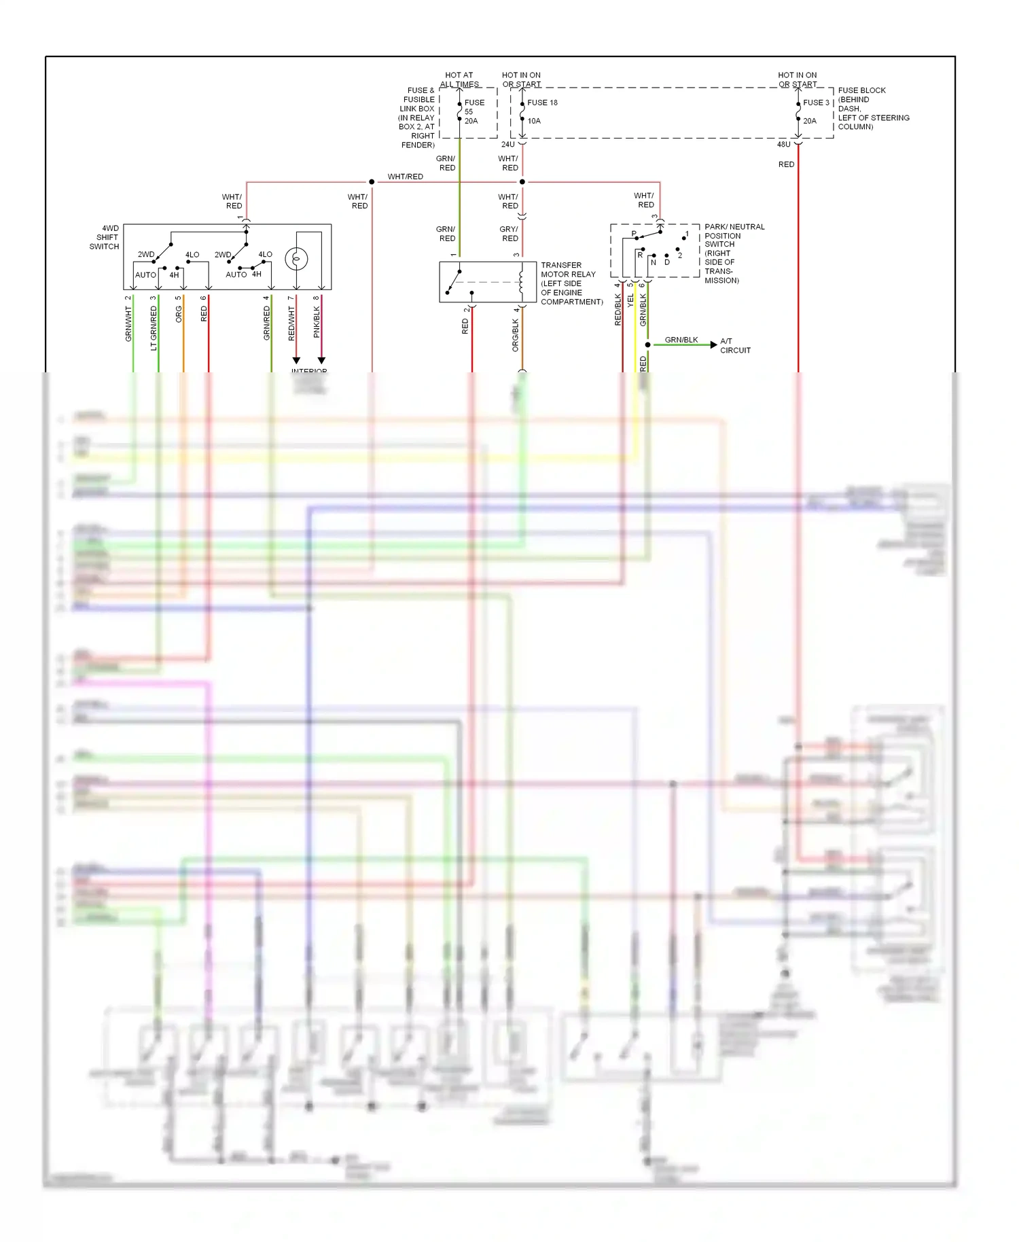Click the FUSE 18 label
click(542, 103)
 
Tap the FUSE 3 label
click(816, 103)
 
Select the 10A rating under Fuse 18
click(534, 121)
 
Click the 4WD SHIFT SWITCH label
click(105, 238)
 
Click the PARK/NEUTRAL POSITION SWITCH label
click(734, 253)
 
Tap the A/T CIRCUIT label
click(735, 346)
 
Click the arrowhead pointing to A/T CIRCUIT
click(713, 345)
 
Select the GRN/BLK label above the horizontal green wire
click(681, 340)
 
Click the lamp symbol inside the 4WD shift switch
click(296, 259)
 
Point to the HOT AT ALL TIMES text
click(459, 79)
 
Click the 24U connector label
click(508, 145)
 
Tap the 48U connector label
click(783, 145)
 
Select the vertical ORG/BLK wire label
click(516, 336)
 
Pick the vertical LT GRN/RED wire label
click(154, 327)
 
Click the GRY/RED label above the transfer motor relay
click(509, 234)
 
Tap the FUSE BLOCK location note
click(873, 108)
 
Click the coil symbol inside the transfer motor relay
click(522, 281)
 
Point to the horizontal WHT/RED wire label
click(405, 177)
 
